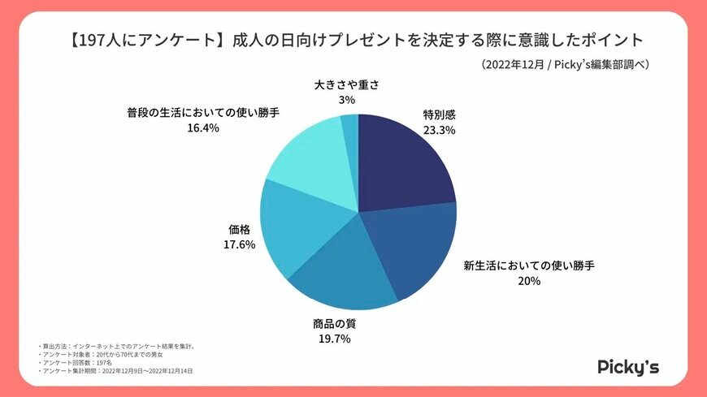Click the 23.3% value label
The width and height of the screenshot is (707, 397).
point(439,130)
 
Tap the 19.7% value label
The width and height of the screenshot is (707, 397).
point(334,339)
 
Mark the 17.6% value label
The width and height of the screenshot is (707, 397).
point(241,244)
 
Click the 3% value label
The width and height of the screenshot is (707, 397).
point(347,100)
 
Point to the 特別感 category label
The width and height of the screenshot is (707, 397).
point(439,114)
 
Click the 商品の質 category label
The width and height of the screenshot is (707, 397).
point(334,323)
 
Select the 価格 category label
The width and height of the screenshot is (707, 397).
point(241,229)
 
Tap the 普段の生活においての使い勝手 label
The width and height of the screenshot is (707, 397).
point(202,112)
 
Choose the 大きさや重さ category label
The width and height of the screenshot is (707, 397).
point(347,84)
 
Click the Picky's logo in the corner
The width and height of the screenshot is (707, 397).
point(628,366)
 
